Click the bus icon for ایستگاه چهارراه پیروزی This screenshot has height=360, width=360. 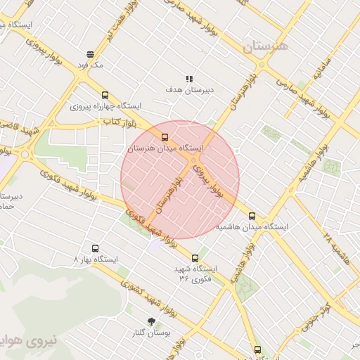(105, 95)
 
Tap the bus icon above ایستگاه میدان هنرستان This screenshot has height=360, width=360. (165, 137)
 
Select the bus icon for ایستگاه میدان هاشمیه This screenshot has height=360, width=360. (252, 217)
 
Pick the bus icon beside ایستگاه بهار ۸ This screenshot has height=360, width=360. (96, 248)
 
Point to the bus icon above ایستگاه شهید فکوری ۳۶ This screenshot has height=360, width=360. (195, 258)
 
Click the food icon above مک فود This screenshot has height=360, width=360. (90, 54)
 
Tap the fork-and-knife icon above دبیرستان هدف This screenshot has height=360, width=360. (189, 79)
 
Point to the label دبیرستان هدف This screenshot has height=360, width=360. (190, 90)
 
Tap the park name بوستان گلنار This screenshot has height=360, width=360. (151, 331)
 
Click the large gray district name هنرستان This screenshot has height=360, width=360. (265, 48)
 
